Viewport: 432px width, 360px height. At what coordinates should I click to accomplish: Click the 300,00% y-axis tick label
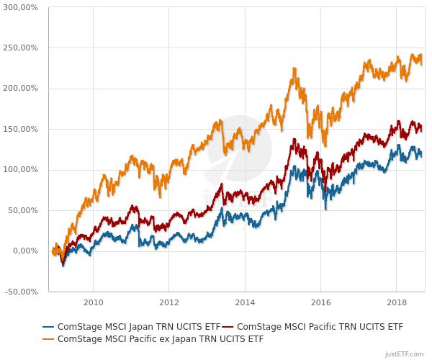click(x=19, y=7)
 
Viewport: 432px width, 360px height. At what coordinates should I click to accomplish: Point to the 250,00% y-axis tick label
click(x=19, y=48)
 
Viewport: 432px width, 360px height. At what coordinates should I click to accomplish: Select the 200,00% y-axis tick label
click(x=19, y=89)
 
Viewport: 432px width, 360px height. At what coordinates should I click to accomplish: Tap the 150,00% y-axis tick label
click(x=19, y=130)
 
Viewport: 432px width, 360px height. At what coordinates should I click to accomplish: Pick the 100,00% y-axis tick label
click(x=19, y=170)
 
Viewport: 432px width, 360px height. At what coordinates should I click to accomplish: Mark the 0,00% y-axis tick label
click(x=24, y=251)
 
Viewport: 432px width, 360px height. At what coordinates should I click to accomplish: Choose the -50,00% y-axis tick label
click(x=21, y=292)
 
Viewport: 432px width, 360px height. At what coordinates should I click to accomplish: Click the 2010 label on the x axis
click(x=93, y=303)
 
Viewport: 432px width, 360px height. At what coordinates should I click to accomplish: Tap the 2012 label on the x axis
click(x=168, y=303)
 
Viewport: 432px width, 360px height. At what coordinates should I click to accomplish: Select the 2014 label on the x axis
click(x=245, y=303)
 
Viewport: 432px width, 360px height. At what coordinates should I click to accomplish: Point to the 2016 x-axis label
click(x=320, y=303)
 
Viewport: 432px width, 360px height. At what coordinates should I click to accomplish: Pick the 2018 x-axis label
click(x=397, y=303)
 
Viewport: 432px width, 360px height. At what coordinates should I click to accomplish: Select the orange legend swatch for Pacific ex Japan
click(x=48, y=338)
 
